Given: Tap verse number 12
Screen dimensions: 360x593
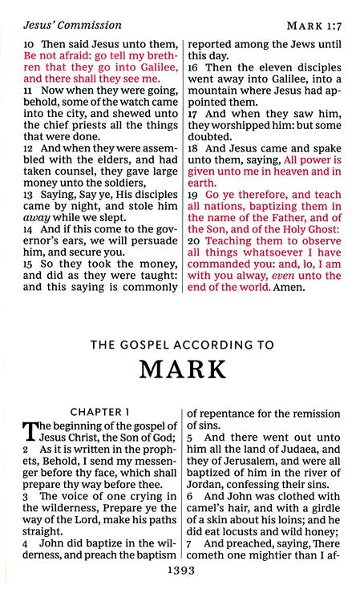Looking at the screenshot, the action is pos(28,149).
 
